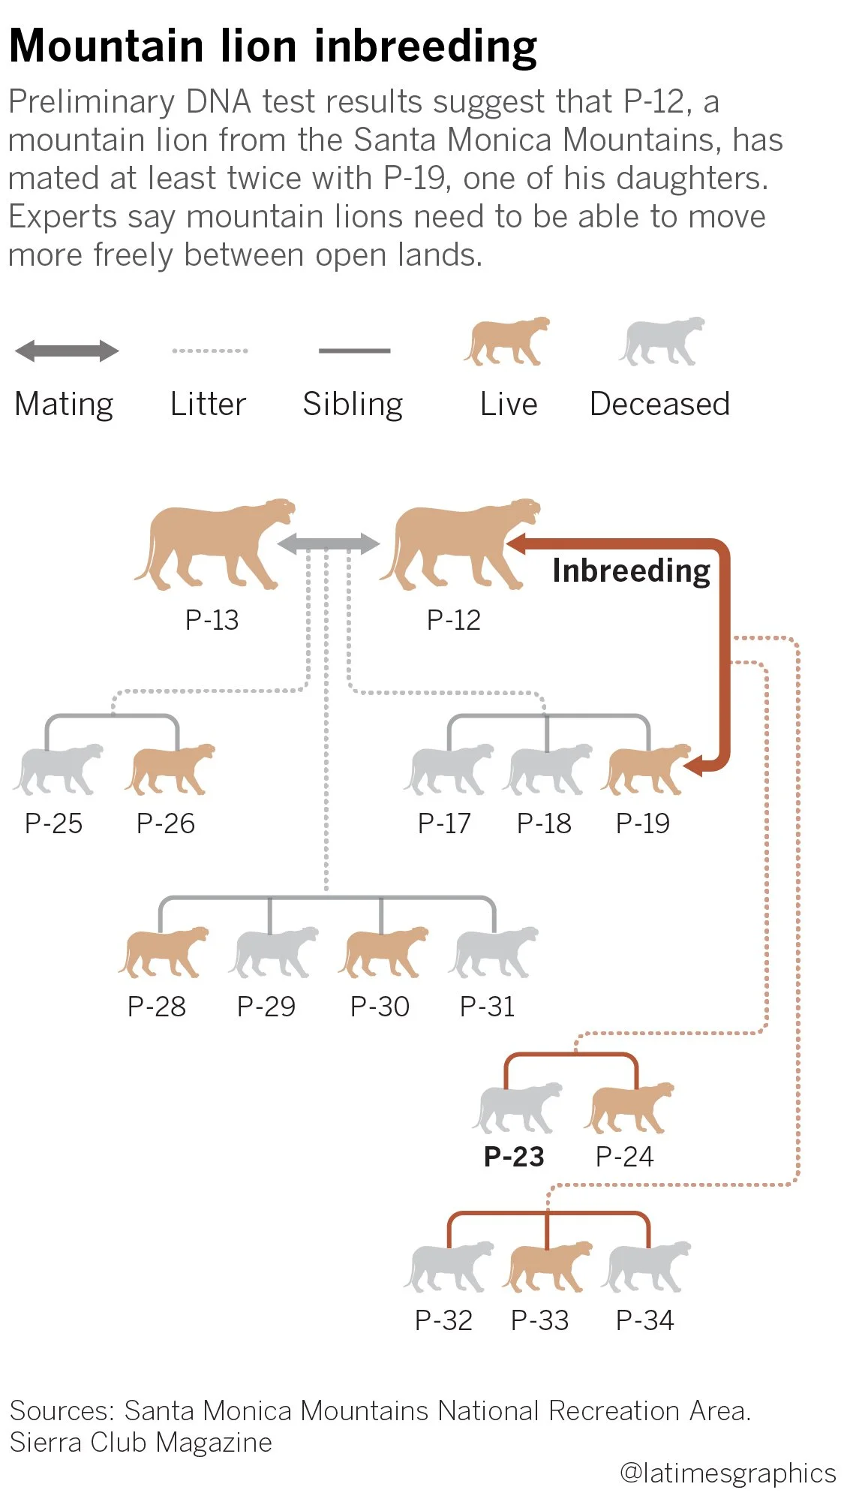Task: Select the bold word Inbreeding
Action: pos(631,570)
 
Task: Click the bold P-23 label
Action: pos(514,1157)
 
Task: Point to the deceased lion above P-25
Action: pos(57,769)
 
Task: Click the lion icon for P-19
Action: pos(644,769)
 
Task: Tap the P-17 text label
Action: pos(444,823)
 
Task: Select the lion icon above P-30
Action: pos(382,952)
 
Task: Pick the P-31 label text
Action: pos(488,1007)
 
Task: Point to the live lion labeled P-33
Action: pos(546,1266)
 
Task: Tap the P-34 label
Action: pos(644,1320)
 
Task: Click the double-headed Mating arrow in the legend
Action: pos(67,351)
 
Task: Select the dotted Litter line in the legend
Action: pos(209,351)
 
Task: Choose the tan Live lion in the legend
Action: pos(506,342)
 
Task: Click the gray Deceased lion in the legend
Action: pos(661,342)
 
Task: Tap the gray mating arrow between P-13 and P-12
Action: pos(328,543)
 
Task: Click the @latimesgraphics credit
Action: pos(727,1473)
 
